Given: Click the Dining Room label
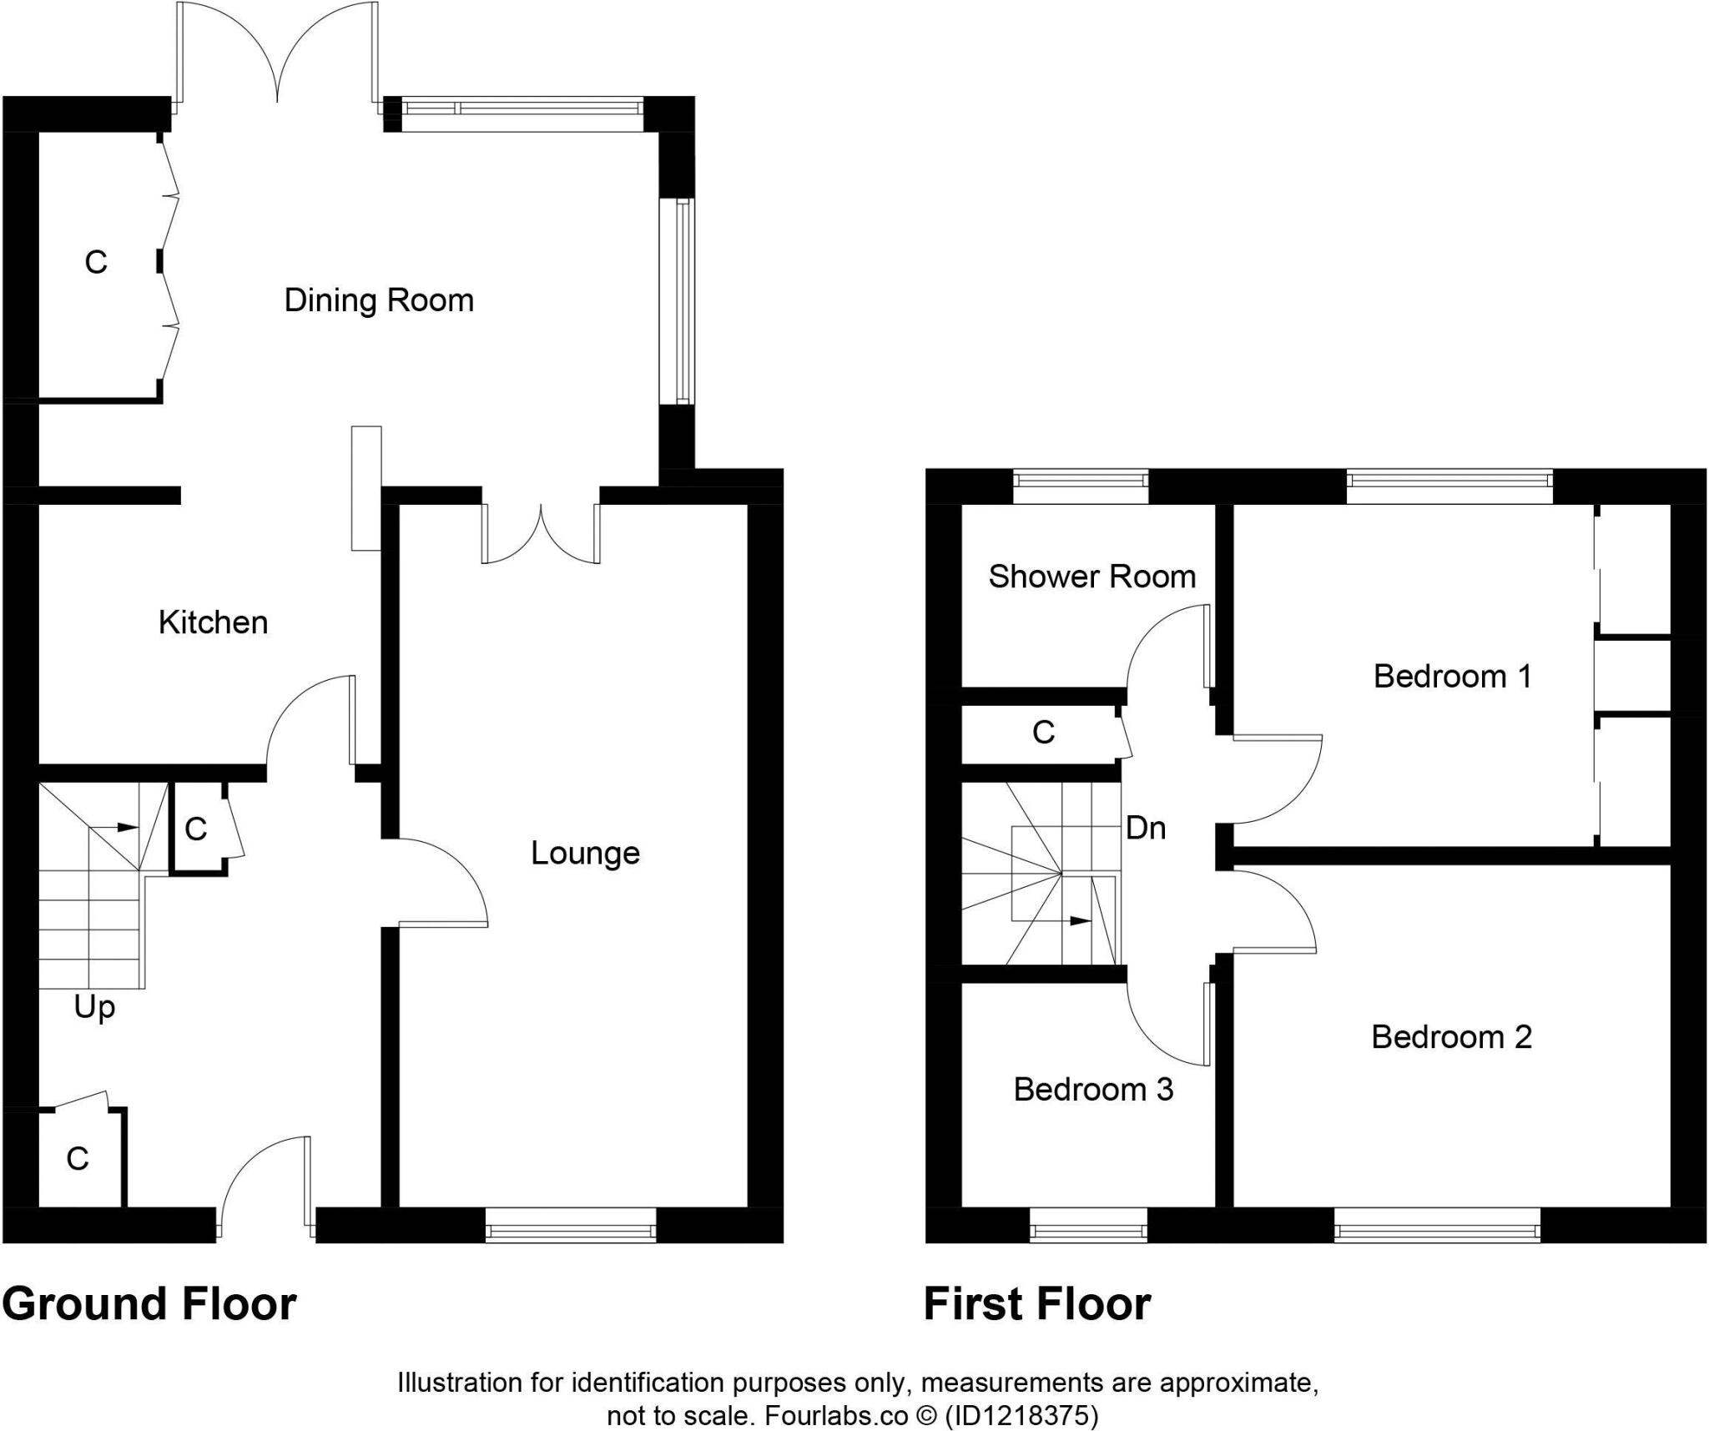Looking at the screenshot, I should pos(379,300).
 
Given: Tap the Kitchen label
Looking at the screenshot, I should pos(213,622).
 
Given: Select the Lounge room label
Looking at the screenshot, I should pos(585,853).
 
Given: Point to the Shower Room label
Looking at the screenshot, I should pos(1091,577).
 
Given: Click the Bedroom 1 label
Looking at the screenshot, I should pos(1452,676).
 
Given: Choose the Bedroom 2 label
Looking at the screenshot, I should pos(1451,1036).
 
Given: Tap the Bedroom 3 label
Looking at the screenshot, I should pos(1093,1089).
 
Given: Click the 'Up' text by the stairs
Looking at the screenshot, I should pos(94,1008).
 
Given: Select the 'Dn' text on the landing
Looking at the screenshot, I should pos(1145,828).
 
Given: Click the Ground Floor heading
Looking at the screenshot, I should pos(149,1304).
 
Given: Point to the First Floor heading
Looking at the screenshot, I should pos(1036,1304).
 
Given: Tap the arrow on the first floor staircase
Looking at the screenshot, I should pos(1076,920).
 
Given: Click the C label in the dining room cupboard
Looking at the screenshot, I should pos(96,263).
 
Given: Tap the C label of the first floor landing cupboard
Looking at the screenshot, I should pos(1043,733).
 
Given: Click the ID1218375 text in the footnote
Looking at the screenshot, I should pos(1020,1415).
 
